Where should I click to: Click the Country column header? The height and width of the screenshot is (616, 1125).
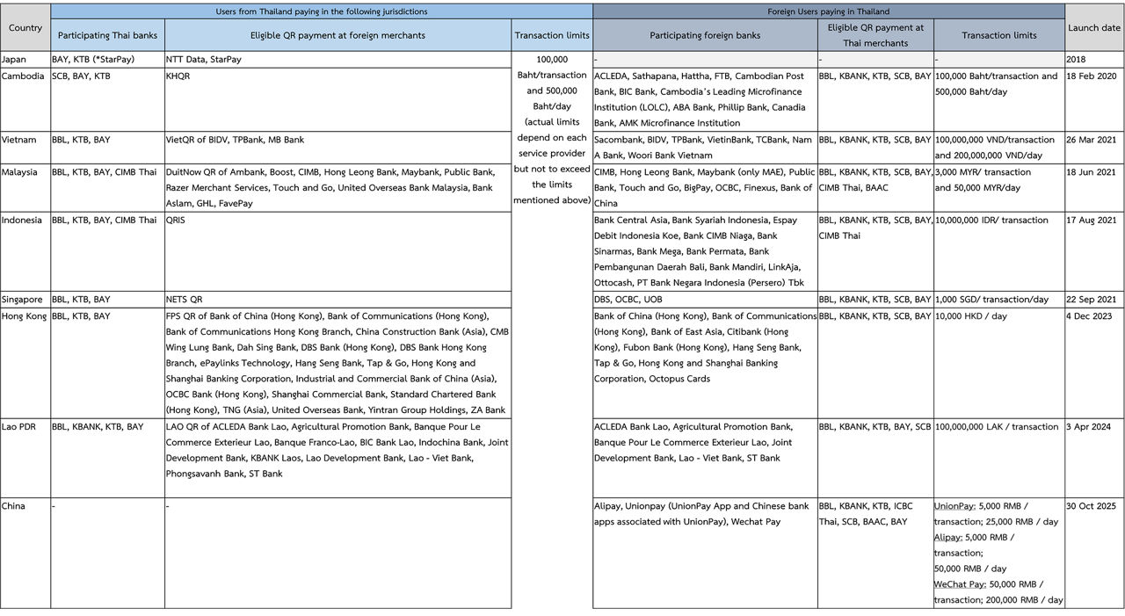tap(25, 28)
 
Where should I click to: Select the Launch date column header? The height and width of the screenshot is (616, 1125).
tap(1094, 28)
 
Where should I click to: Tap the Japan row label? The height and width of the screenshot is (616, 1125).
tap(14, 60)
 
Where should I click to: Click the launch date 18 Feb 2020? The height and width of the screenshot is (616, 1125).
tap(1091, 76)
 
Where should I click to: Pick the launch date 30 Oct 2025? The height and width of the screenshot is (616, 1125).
tap(1091, 506)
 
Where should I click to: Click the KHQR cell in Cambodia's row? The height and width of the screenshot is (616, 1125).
tap(178, 76)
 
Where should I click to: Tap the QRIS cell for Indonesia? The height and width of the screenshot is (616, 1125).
tap(177, 221)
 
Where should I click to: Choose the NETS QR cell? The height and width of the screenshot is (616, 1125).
tap(184, 300)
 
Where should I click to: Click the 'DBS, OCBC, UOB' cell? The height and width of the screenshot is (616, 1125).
tap(628, 300)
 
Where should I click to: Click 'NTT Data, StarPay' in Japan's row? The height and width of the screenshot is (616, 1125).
tap(204, 60)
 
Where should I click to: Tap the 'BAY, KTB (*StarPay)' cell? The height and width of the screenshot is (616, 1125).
tap(93, 60)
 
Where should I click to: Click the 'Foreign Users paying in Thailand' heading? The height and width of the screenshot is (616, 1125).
tap(828, 11)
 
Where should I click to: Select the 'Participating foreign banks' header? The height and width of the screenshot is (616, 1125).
tap(705, 36)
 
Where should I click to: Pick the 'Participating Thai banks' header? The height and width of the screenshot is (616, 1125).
tap(107, 36)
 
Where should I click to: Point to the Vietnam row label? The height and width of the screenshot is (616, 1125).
tap(19, 140)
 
